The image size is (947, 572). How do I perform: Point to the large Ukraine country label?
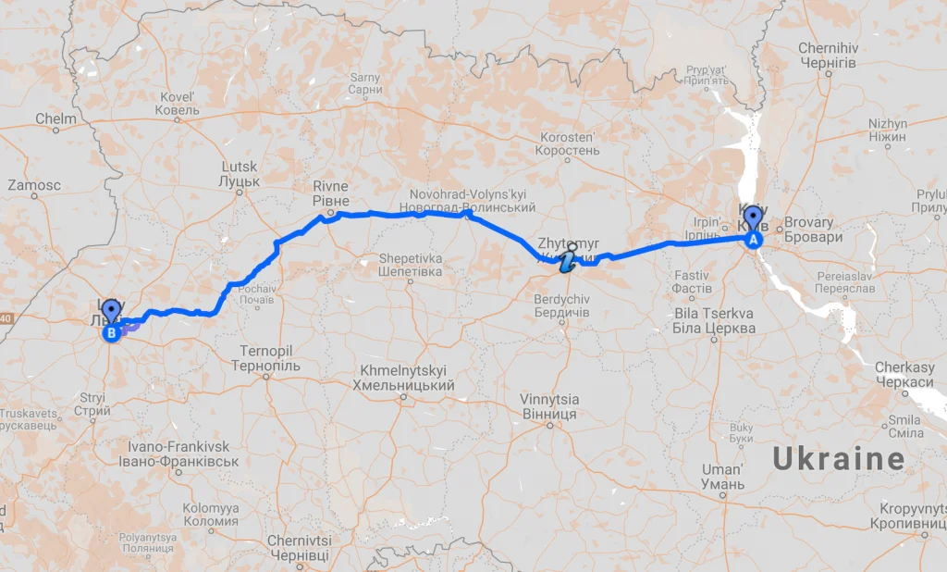pos(839,459)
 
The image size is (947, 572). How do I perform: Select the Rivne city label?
pos(331,193)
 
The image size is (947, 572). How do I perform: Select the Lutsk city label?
pos(240,173)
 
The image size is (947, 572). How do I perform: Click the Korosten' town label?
pos(569,143)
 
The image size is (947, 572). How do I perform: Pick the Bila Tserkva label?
pos(713,320)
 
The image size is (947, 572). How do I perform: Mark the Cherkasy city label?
pos(904,375)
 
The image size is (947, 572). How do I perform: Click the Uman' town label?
pos(722,477)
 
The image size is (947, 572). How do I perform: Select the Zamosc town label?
pos(34,185)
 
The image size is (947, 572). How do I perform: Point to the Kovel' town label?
pos(178,103)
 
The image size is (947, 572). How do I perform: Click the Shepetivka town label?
pos(410,265)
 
